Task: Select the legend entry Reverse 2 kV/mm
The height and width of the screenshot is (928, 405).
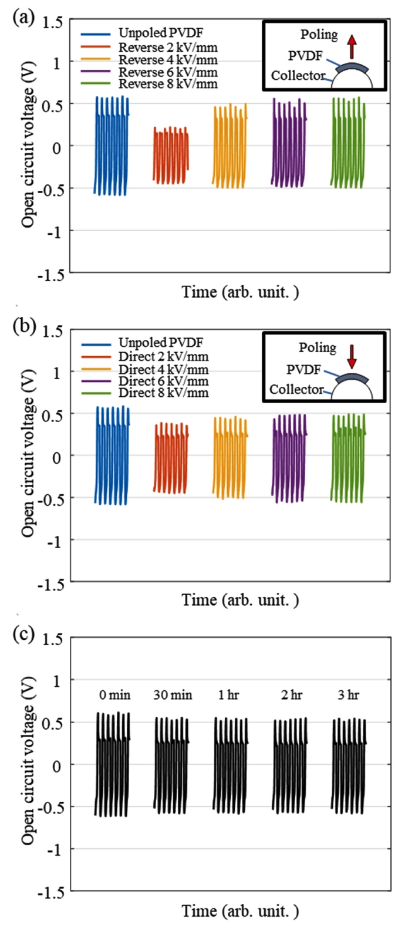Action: [x=167, y=48]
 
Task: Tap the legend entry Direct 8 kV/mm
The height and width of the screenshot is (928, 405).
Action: [x=163, y=393]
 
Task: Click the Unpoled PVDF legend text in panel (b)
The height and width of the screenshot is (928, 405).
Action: [x=160, y=342]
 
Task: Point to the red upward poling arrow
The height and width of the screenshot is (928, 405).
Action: [x=352, y=45]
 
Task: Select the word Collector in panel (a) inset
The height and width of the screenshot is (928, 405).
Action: [x=298, y=76]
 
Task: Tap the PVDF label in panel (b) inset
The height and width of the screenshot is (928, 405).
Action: [x=303, y=370]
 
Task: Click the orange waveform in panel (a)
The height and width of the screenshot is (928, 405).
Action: [x=230, y=146]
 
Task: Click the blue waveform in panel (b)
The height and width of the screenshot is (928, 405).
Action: [x=112, y=455]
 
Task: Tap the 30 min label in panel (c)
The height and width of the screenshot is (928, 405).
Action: [x=173, y=696]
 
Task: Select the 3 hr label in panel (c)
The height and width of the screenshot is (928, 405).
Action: [x=348, y=696]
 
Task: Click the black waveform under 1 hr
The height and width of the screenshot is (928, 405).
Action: [x=231, y=765]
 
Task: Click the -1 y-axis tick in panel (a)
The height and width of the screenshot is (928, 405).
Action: [x=56, y=231]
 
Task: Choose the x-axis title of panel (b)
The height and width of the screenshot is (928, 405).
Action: [x=240, y=600]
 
